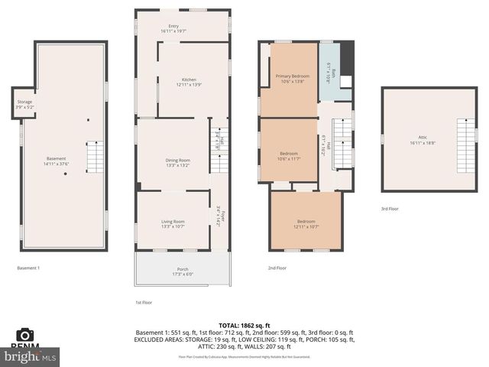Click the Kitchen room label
coord(183,80)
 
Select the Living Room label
coord(173,222)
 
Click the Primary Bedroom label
coord(293,77)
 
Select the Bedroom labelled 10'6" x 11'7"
coord(289,156)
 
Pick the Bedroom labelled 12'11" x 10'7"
coord(306,224)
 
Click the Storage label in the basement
coord(24,104)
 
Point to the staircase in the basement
coord(94,158)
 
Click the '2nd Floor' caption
coord(277,268)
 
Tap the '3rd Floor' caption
coord(390,209)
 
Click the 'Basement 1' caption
coord(28,268)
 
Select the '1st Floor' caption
coord(145,303)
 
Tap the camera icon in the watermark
coord(25,335)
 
